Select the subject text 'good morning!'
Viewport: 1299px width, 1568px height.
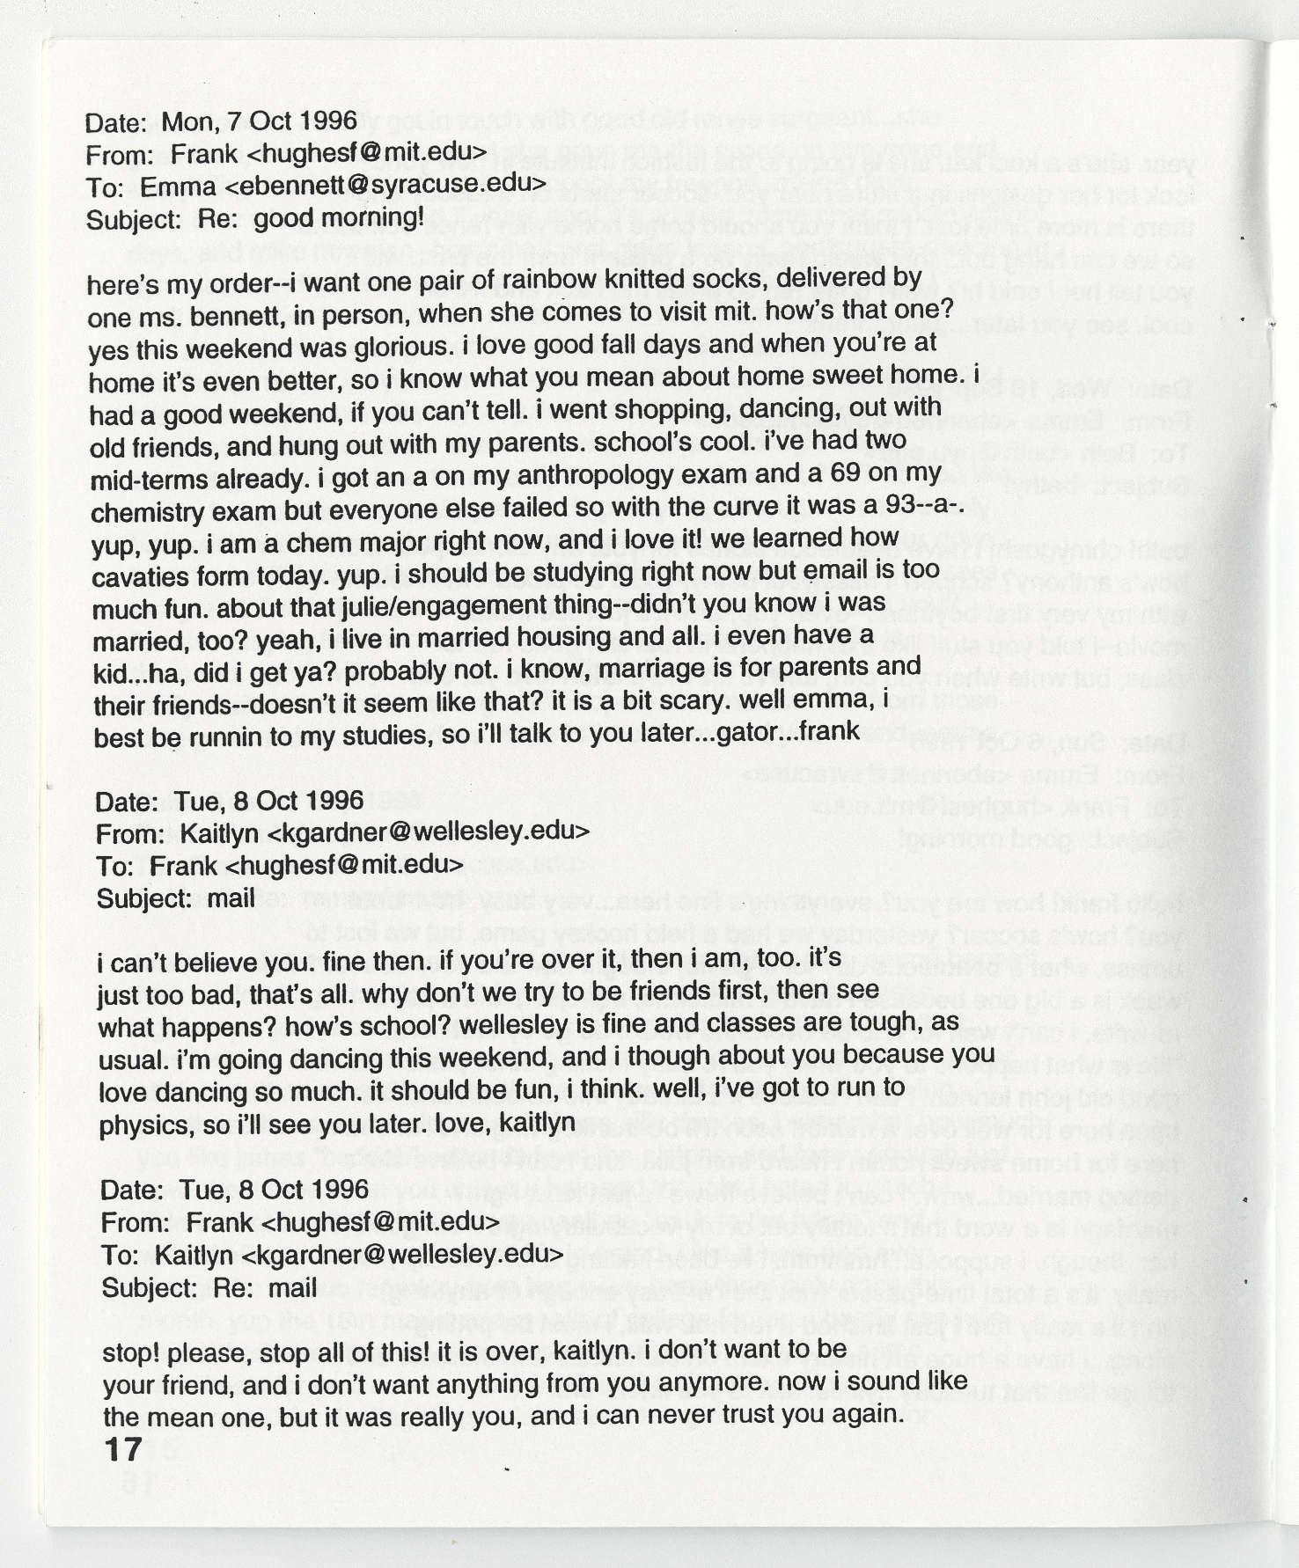pos(339,217)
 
